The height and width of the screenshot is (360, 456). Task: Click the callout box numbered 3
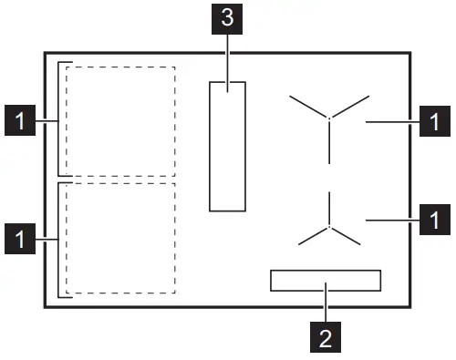click(227, 16)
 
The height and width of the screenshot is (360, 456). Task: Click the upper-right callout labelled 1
click(434, 120)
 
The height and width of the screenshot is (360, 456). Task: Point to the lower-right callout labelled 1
click(434, 219)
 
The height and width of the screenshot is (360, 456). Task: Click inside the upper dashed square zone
click(120, 120)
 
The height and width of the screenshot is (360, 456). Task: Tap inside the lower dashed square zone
click(120, 238)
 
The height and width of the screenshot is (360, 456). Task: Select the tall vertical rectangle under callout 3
click(227, 146)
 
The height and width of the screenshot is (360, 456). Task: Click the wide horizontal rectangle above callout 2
click(325, 280)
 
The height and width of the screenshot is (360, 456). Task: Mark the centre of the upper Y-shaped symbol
click(330, 118)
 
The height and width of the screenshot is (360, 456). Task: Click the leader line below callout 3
click(227, 55)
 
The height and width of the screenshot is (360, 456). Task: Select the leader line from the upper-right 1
click(392, 120)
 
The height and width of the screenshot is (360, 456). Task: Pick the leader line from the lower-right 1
click(392, 219)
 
